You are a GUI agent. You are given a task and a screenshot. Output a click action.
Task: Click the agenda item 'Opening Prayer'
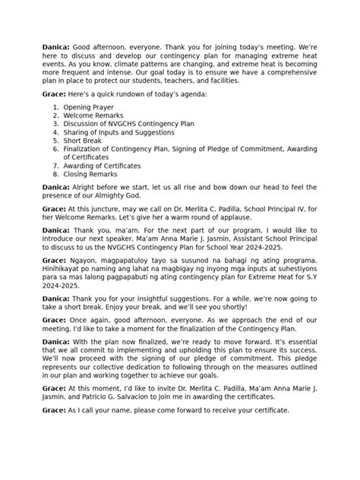[87, 109]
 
